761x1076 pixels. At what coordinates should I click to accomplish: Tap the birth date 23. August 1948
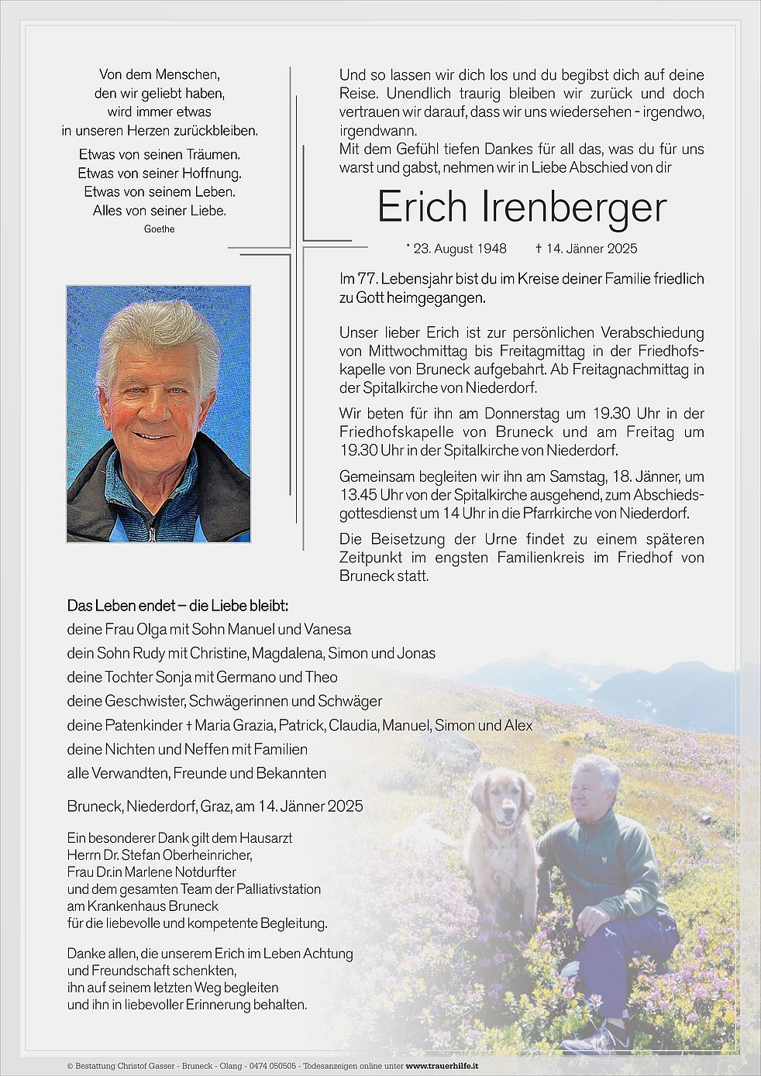click(x=460, y=249)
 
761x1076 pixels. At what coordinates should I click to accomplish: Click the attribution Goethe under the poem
click(x=160, y=229)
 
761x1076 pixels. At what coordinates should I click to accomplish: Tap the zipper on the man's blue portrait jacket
click(x=152, y=533)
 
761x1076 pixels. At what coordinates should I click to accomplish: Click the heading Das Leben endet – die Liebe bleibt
click(x=177, y=606)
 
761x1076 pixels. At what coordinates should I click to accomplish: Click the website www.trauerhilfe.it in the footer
click(x=442, y=1066)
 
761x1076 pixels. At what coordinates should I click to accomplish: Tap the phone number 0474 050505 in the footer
click(x=272, y=1066)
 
